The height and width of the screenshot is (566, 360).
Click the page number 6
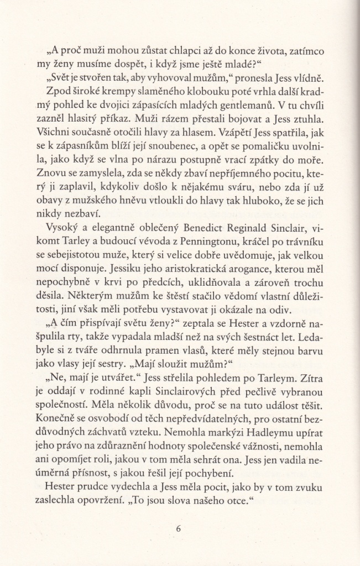click(x=178, y=528)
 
